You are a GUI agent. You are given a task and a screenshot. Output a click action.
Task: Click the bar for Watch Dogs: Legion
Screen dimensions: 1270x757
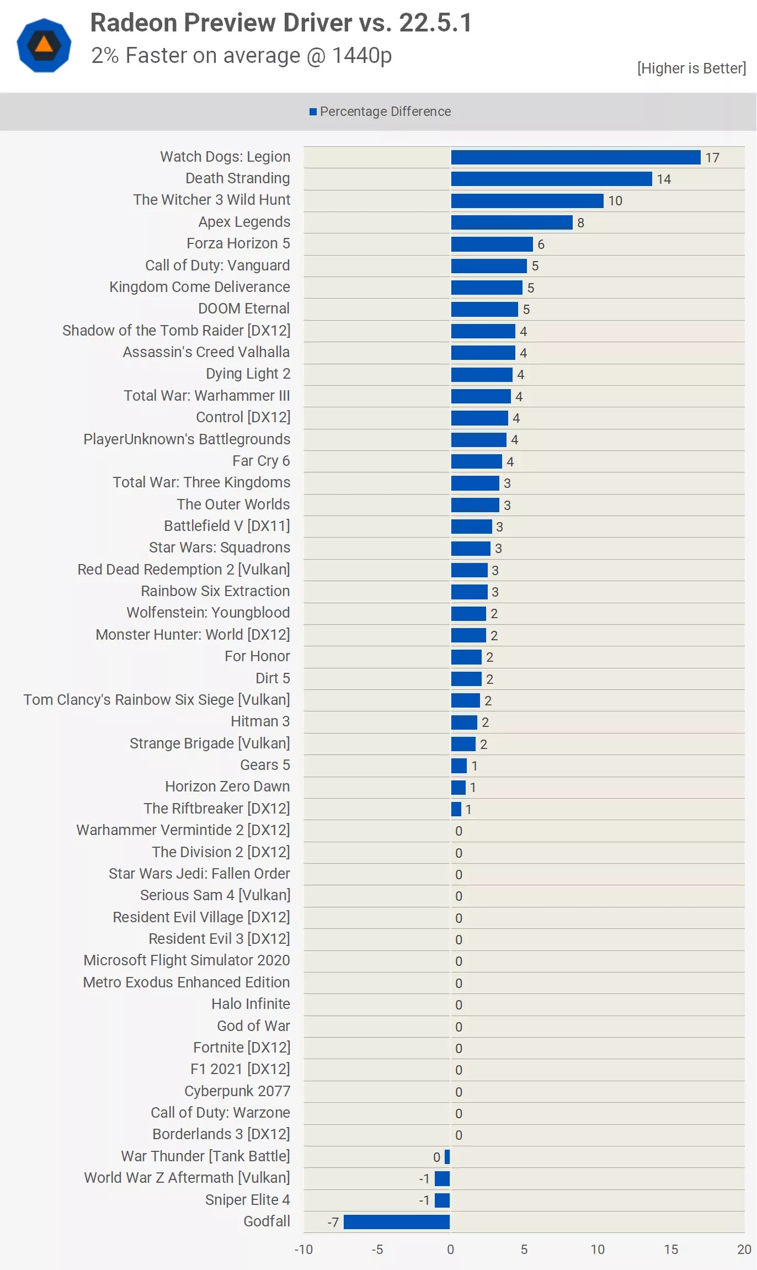click(575, 157)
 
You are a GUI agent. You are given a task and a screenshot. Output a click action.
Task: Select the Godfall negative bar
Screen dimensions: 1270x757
click(396, 1222)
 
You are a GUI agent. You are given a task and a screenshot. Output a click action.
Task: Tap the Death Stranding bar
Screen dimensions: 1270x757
click(551, 179)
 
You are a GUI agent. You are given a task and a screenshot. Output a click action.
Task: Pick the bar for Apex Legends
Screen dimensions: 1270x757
click(511, 222)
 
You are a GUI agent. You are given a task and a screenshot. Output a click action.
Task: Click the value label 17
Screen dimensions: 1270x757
click(712, 158)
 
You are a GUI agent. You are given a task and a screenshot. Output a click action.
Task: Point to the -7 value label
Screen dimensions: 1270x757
click(333, 1223)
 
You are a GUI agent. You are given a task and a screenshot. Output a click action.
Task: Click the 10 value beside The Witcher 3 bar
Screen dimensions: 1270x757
click(615, 201)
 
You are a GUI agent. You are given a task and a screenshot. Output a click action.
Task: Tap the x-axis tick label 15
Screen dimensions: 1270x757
click(671, 1250)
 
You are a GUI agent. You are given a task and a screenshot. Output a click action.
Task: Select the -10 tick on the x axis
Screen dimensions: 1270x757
click(303, 1250)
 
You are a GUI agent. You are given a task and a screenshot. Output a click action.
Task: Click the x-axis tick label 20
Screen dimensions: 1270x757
click(744, 1250)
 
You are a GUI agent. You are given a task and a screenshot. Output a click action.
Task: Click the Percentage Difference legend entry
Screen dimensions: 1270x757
click(380, 111)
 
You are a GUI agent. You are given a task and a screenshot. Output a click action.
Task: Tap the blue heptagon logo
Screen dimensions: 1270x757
click(44, 45)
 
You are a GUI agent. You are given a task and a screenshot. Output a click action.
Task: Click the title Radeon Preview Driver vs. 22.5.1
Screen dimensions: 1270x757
click(281, 23)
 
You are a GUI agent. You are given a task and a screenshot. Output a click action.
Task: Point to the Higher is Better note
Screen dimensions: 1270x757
click(691, 68)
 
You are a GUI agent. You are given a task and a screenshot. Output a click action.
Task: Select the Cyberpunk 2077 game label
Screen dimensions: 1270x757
click(237, 1091)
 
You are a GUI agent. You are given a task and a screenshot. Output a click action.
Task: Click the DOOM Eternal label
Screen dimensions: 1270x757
click(244, 309)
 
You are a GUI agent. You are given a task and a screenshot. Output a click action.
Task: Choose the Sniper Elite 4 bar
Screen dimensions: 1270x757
click(442, 1200)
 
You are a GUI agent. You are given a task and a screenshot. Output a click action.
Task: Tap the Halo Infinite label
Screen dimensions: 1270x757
click(250, 1004)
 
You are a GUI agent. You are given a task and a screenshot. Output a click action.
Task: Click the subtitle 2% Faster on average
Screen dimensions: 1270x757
click(241, 56)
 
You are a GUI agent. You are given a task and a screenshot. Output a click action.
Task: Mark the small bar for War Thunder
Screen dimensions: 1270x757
click(447, 1157)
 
